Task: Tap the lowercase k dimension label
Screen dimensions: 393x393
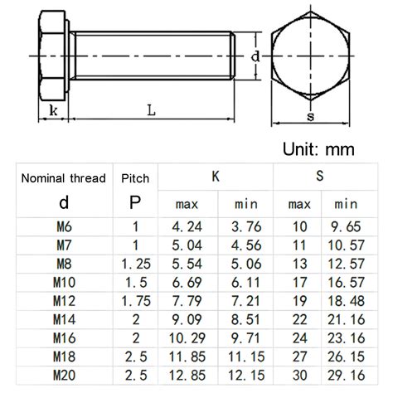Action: [x=53, y=111]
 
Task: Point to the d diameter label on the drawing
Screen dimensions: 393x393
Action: [x=257, y=56]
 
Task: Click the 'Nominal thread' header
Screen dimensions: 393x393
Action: [x=63, y=177]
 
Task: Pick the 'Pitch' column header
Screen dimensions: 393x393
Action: [x=135, y=177]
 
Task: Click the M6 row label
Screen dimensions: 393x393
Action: [x=63, y=226]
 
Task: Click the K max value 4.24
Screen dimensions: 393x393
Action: [x=187, y=226]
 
